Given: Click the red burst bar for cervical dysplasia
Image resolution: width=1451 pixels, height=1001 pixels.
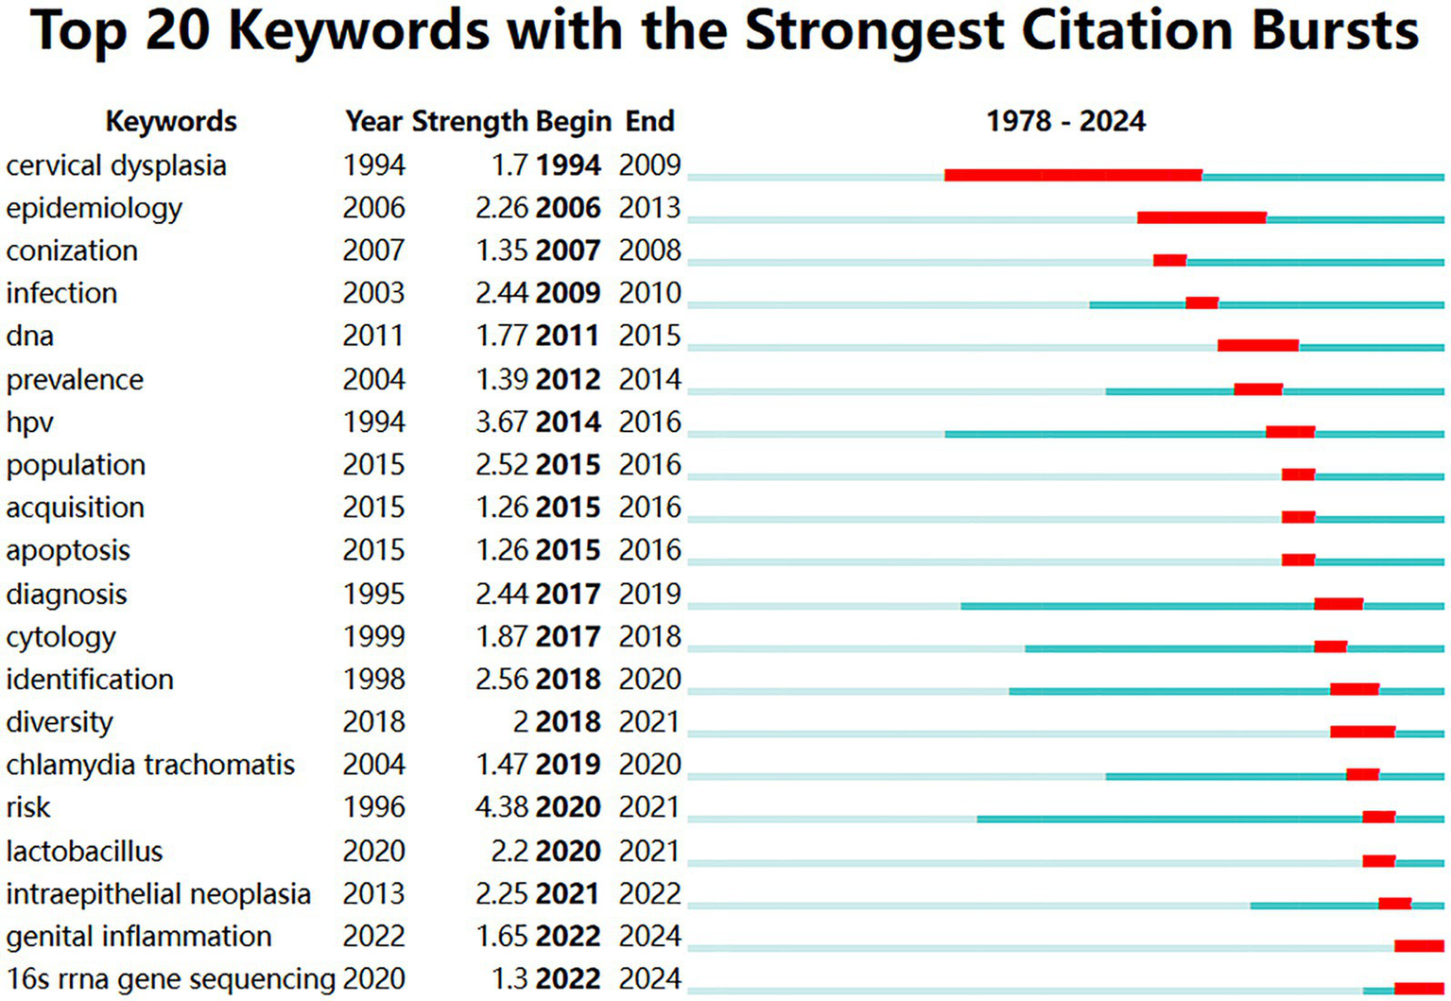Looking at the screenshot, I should pos(1073,175).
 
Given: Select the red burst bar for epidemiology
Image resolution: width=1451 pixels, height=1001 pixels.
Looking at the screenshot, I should pos(1201,217).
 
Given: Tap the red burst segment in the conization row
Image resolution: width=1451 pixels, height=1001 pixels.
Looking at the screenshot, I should pos(1169,260).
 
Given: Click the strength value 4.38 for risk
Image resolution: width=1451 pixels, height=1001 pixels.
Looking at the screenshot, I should pos(501,807).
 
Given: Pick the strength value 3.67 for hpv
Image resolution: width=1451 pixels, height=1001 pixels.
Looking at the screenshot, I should pos(501,422).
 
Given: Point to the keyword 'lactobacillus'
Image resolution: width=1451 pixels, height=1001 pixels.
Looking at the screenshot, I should pos(84,851).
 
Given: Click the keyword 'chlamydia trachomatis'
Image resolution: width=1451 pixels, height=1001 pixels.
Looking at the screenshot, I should pos(150,765).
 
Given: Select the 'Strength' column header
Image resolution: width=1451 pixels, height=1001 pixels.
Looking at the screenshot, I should pos(470,121).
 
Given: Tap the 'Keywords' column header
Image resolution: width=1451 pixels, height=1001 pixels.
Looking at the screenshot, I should pos(171,121).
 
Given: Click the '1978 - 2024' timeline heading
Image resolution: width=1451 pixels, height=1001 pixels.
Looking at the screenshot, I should pos(1065,121).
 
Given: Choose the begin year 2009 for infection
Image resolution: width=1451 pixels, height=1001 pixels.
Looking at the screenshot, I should pos(567,293).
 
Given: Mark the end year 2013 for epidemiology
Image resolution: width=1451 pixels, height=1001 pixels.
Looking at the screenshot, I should pos(649,208).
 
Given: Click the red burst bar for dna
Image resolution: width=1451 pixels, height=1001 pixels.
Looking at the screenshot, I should pos(1257,345).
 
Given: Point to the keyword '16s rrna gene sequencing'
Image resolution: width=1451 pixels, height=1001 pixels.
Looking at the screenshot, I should pos(170,978).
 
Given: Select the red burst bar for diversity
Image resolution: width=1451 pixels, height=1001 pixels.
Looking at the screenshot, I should pos(1362,731).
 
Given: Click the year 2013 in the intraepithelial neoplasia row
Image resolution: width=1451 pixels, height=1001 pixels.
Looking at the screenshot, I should pos(373,893).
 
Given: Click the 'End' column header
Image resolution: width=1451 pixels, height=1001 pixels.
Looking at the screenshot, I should pos(649,121).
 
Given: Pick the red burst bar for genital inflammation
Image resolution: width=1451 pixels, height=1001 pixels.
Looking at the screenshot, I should pos(1419,945).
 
